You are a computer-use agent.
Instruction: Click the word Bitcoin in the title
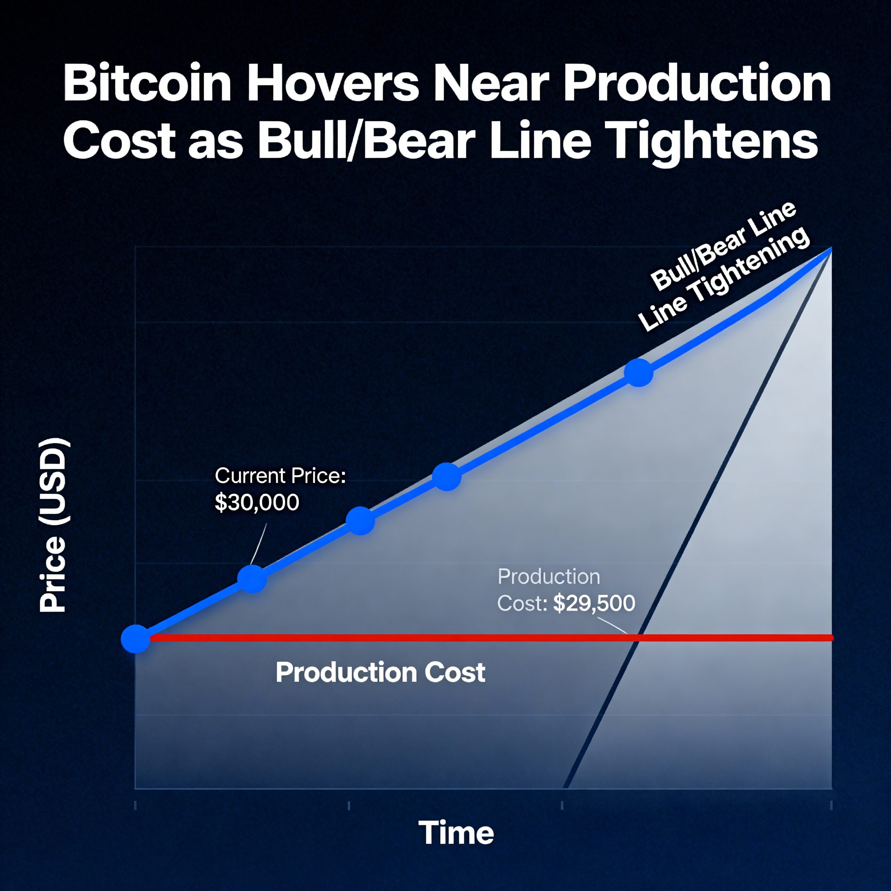click(147, 84)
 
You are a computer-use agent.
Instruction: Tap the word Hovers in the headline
click(333, 84)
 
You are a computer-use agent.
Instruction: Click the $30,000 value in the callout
click(257, 502)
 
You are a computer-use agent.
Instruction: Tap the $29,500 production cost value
click(594, 603)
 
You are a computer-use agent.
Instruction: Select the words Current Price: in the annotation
click(280, 476)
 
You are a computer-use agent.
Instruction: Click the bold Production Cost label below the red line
click(380, 672)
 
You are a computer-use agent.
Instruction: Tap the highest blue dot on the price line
click(638, 372)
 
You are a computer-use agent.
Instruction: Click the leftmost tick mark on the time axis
click(135, 805)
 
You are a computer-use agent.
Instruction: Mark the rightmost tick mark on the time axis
click(831, 805)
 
